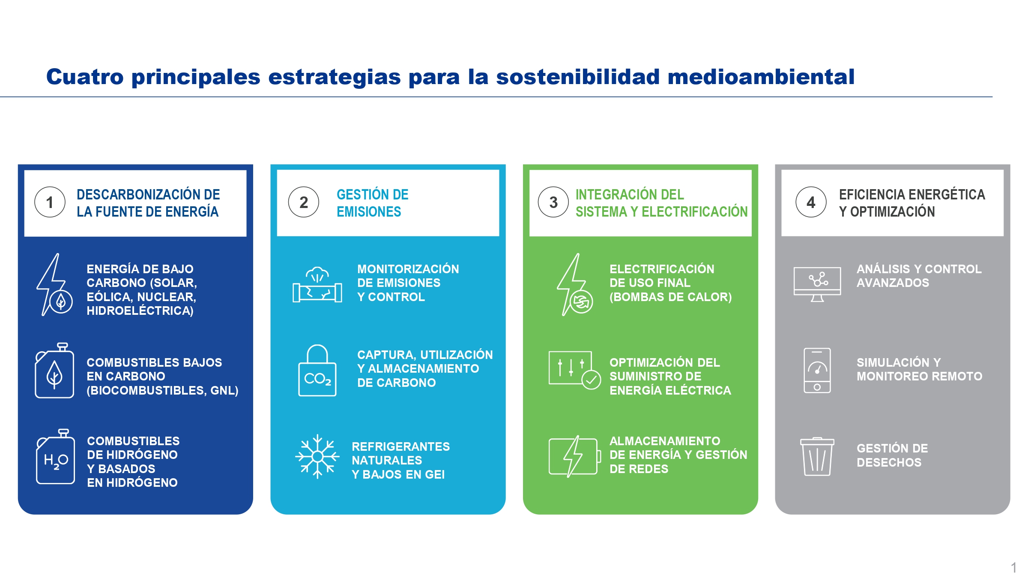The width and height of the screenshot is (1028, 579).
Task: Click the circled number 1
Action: tap(50, 202)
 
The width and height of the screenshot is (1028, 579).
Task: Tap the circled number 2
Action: tap(303, 202)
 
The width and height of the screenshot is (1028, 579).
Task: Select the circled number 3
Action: tap(553, 202)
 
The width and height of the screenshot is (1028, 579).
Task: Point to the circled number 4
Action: tap(811, 202)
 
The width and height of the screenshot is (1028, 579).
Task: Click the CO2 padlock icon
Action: tap(317, 371)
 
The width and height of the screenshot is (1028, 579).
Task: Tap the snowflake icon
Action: tap(317, 456)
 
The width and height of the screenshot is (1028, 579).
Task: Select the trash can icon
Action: tap(817, 457)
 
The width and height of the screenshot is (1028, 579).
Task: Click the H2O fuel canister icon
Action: tap(55, 456)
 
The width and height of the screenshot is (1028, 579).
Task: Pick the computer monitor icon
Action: tap(817, 284)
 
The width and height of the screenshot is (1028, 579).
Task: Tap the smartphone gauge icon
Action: tap(817, 371)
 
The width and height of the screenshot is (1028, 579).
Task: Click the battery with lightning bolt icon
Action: tap(573, 456)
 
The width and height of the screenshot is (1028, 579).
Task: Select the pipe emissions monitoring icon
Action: tap(317, 285)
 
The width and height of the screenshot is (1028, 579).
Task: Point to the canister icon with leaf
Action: tap(54, 371)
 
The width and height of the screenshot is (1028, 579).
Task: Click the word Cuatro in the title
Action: tap(85, 77)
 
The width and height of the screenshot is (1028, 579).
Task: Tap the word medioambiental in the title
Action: tap(761, 77)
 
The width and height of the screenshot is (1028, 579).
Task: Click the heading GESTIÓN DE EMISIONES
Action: tap(372, 203)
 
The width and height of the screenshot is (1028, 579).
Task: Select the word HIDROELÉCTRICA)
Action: tap(140, 311)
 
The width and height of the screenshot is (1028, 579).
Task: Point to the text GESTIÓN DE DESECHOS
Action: tap(892, 455)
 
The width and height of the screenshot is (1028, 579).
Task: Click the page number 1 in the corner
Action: tap(1013, 567)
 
